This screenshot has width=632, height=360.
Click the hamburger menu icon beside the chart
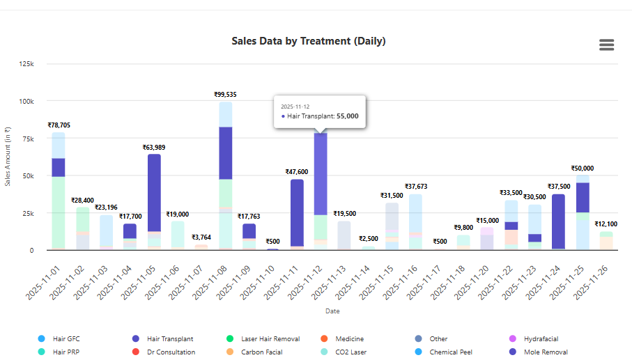[606, 45]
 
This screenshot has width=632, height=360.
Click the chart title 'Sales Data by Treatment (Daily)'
[308, 41]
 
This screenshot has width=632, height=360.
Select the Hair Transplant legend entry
[170, 339]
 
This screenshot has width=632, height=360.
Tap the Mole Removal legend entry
[546, 352]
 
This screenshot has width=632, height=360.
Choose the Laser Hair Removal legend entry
[270, 339]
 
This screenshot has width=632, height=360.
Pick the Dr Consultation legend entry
[171, 352]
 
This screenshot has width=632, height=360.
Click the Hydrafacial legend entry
[541, 339]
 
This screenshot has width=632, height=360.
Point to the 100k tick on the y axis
[26, 101]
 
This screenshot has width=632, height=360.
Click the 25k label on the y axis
[27, 213]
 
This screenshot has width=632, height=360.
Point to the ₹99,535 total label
[225, 94]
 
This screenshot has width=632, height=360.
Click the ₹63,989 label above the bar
[154, 148]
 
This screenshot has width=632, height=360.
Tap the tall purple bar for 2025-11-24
[558, 221]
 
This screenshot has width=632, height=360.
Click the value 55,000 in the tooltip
[347, 116]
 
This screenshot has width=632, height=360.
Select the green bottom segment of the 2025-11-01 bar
[59, 212]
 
